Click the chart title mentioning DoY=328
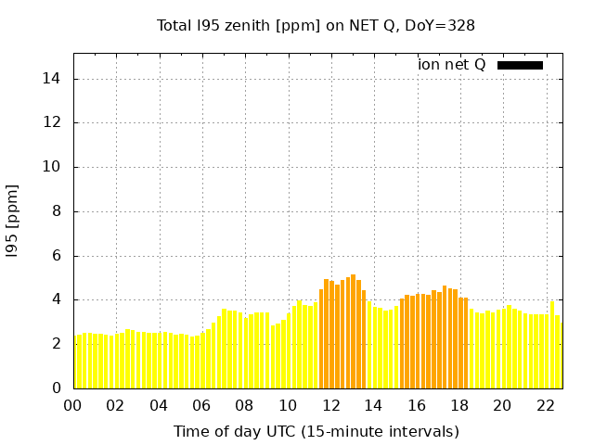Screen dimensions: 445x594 (x=316, y=25)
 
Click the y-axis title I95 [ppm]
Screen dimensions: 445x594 (x=13, y=220)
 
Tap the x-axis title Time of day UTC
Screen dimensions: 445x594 (x=316, y=431)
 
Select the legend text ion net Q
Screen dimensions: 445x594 (x=452, y=65)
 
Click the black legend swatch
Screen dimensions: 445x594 (x=520, y=65)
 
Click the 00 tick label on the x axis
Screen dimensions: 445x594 (x=73, y=406)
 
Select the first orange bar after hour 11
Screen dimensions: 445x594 (x=321, y=338)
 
